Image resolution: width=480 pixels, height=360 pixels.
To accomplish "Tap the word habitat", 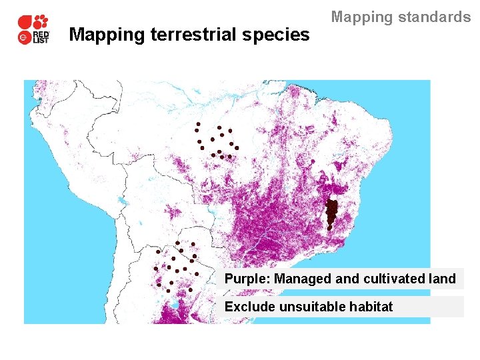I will click(x=373, y=307).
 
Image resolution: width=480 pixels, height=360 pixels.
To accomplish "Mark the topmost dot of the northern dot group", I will click(x=198, y=124).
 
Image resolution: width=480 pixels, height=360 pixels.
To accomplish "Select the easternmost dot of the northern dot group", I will click(x=237, y=148).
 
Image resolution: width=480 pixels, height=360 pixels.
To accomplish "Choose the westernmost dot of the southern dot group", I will click(x=155, y=269).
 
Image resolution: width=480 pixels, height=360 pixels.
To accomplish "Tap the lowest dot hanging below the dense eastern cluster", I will click(x=329, y=228).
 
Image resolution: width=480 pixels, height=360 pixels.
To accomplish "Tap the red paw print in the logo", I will click(x=41, y=21).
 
